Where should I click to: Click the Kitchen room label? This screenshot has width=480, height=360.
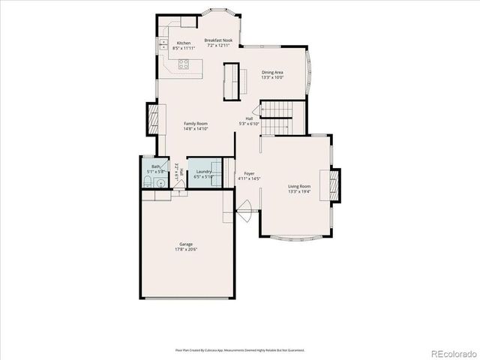pos(184,43)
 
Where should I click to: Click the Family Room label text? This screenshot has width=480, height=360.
pos(196,124)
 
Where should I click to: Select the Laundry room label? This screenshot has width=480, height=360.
pos(203,172)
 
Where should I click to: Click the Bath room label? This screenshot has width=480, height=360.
pos(155,166)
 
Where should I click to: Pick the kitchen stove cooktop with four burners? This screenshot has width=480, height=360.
pos(185,65)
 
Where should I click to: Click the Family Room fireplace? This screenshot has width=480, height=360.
pos(154,118)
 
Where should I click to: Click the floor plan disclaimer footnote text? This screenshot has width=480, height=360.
pos(240,349)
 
